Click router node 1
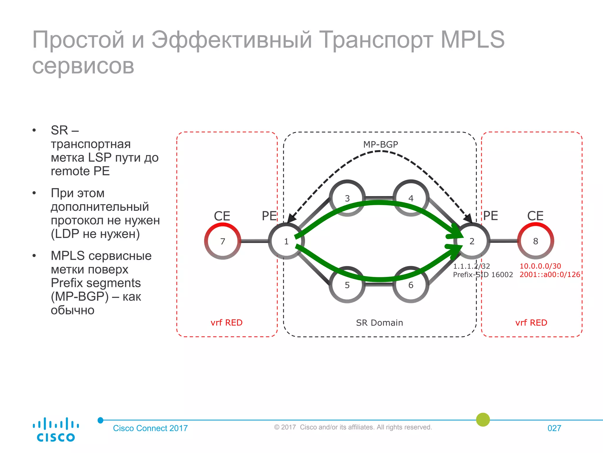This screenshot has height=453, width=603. [286, 241]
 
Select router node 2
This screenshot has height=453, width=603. [472, 241]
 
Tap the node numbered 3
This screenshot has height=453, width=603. [347, 198]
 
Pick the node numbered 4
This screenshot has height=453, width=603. [411, 198]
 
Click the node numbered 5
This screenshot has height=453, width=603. [347, 285]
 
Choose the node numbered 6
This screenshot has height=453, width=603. [411, 285]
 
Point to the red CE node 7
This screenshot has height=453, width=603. [223, 241]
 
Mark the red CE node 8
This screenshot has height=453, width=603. [536, 241]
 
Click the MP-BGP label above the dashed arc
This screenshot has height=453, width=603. [380, 145]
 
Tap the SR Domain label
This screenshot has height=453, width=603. [379, 323]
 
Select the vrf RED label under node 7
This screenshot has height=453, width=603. [226, 323]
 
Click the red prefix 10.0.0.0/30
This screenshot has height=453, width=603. [540, 266]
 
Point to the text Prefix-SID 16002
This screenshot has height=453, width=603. [483, 275]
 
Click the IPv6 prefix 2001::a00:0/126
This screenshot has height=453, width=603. [549, 275]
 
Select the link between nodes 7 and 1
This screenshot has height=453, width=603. [254, 241]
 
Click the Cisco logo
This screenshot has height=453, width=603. [55, 429]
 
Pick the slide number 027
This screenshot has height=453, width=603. [554, 428]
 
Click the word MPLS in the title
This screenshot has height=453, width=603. [473, 40]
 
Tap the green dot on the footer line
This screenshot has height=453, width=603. [483, 420]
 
